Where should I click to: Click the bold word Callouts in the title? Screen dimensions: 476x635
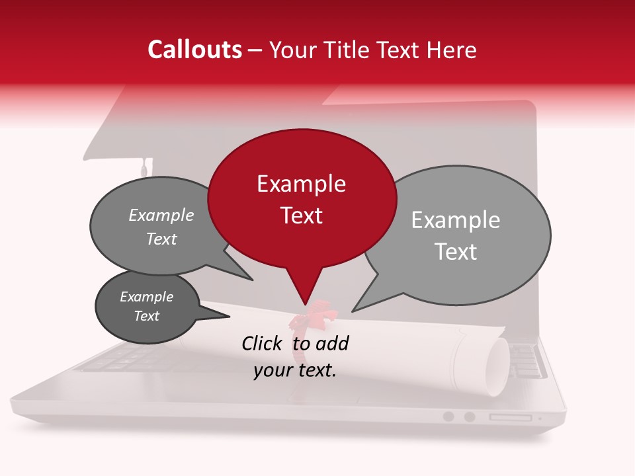click(194, 50)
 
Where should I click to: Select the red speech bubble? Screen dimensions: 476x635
click(302, 198)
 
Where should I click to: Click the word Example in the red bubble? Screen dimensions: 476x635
click(301, 184)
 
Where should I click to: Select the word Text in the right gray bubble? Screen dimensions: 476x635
click(456, 252)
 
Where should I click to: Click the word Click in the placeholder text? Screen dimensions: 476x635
click(262, 343)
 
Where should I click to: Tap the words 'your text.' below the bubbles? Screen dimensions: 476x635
click(295, 370)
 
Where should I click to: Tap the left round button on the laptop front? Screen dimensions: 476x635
click(448, 416)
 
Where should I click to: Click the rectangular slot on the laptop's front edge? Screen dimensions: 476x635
click(510, 417)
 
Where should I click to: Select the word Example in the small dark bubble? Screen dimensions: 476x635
click(146, 297)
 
